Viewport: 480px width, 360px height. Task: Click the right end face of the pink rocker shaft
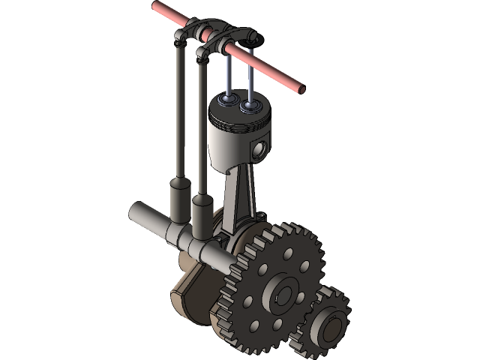304,88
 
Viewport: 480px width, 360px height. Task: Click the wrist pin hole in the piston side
259,150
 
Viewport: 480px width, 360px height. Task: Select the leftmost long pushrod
181,112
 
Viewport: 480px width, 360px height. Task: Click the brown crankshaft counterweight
187,289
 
